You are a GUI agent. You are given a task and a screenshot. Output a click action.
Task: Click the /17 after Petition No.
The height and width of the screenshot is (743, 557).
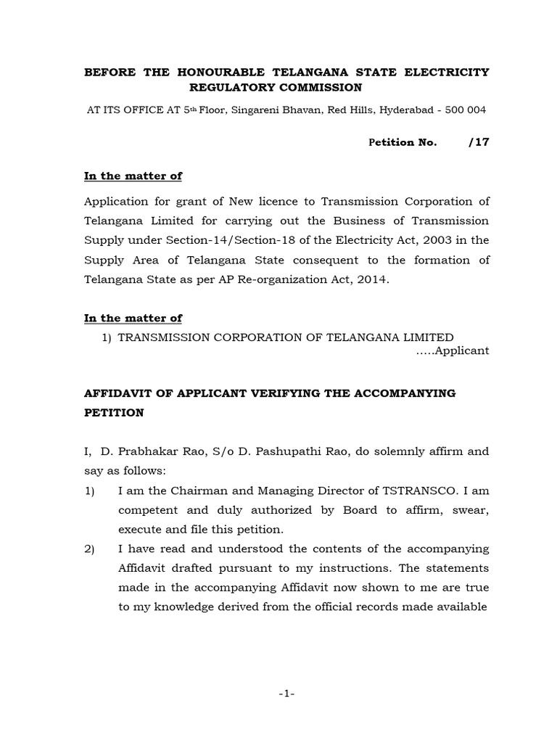click(479, 142)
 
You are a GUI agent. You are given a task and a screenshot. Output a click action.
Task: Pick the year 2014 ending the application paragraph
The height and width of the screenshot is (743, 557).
click(374, 279)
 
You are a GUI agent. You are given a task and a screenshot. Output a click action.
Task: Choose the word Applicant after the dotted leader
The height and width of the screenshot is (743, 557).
click(464, 350)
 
